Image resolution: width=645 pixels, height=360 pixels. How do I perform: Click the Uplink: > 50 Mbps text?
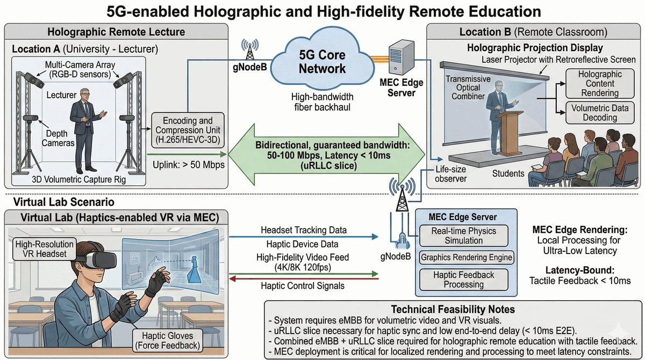coord(187,164)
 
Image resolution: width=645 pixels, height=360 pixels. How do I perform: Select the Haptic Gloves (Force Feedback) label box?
coord(165,340)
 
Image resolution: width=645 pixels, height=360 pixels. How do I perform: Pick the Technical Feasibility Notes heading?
coord(453,309)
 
